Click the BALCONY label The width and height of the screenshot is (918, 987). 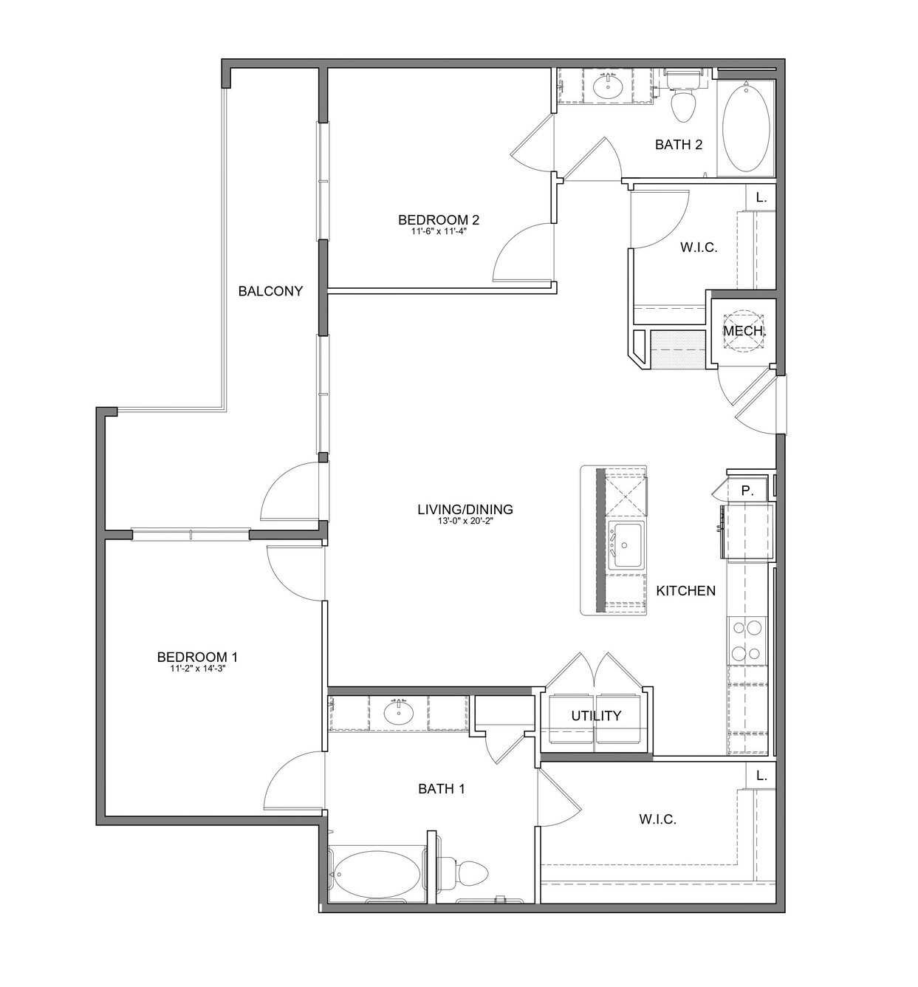[270, 291]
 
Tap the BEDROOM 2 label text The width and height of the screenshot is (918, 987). [439, 219]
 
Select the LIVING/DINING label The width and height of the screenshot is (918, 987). [465, 509]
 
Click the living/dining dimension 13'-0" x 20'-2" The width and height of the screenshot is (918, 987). [465, 521]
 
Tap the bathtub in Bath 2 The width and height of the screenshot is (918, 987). [745, 128]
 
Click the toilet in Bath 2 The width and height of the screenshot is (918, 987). [683, 97]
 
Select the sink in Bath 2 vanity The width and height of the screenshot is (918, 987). [607, 86]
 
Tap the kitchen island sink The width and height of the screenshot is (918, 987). [627, 545]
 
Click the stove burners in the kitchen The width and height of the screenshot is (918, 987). [747, 641]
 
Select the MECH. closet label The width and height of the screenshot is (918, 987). [743, 331]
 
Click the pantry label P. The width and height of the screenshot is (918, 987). [747, 491]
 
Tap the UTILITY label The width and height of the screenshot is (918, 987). [596, 716]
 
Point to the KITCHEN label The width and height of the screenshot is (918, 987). [686, 590]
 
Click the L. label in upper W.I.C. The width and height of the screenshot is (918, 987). [761, 197]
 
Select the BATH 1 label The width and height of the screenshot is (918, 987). [442, 789]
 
